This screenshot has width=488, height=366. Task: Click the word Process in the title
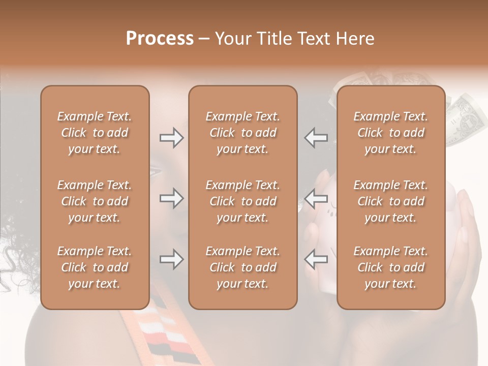click(x=160, y=39)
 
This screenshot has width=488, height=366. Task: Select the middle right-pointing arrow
click(x=171, y=198)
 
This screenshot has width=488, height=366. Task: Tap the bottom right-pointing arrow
click(x=171, y=259)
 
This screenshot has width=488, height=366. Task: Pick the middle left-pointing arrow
click(x=316, y=198)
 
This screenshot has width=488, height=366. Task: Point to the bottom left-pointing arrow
click(x=316, y=259)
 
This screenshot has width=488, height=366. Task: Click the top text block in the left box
click(x=95, y=133)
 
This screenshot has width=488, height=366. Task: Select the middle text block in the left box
click(x=95, y=201)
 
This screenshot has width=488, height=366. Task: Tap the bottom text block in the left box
click(x=95, y=267)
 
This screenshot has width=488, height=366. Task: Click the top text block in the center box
click(x=242, y=133)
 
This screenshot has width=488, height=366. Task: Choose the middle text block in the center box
click(x=242, y=201)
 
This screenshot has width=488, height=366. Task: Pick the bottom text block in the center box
click(x=242, y=267)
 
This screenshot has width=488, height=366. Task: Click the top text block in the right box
click(x=390, y=133)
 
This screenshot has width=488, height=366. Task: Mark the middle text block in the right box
click(x=390, y=201)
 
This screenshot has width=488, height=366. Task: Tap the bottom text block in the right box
click(x=390, y=267)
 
